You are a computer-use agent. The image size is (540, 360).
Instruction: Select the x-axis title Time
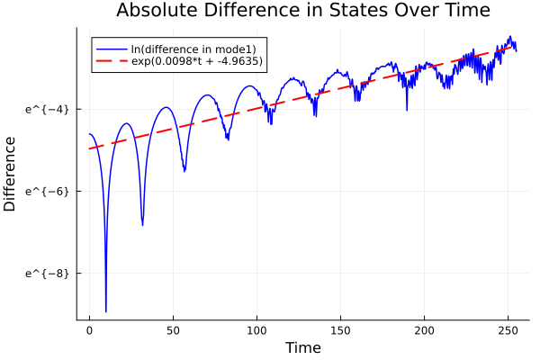(x=302, y=347)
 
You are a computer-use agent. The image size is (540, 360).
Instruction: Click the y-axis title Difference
(x=10, y=174)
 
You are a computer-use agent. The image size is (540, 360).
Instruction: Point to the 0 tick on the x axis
(x=89, y=330)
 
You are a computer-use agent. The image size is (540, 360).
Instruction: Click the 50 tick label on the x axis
(x=173, y=330)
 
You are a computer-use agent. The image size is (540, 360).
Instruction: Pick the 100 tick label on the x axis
(x=256, y=330)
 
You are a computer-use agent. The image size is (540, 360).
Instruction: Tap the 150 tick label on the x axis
(x=340, y=330)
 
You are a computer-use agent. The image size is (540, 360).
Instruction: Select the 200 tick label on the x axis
(x=424, y=330)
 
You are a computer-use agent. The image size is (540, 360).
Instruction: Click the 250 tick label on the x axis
(x=508, y=330)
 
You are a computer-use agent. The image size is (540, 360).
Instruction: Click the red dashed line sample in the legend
(x=112, y=62)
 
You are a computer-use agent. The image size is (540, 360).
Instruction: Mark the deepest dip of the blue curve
(x=105, y=310)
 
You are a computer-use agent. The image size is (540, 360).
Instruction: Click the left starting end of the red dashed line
(x=90, y=148)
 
